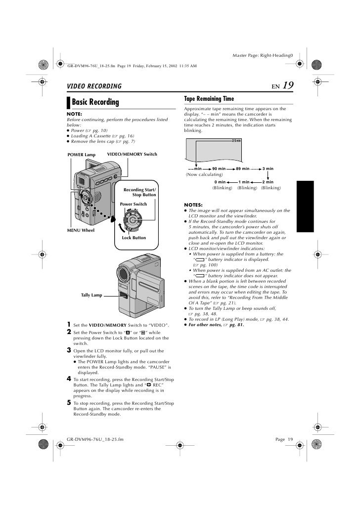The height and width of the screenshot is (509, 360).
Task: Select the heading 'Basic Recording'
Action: click(x=96, y=102)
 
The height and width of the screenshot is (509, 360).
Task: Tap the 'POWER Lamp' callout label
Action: click(x=82, y=155)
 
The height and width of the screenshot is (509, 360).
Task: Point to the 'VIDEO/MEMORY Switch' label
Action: click(x=132, y=155)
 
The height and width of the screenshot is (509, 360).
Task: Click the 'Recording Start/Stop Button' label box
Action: click(x=139, y=192)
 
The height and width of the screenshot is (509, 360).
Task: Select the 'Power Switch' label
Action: click(x=134, y=204)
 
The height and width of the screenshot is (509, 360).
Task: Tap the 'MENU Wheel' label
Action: click(x=80, y=230)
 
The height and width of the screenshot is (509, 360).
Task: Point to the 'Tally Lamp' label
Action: click(x=91, y=295)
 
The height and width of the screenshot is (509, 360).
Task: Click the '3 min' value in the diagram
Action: click(x=268, y=169)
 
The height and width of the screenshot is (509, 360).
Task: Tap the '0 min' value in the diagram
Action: click(x=220, y=182)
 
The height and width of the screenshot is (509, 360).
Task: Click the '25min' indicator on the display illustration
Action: click(x=236, y=141)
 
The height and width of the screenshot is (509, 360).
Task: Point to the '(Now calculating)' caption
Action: click(x=204, y=174)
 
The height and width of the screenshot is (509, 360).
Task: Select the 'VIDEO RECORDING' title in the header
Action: click(x=94, y=86)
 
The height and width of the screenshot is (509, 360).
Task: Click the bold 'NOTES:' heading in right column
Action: click(x=193, y=205)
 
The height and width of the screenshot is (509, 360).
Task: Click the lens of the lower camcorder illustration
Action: click(x=124, y=273)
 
